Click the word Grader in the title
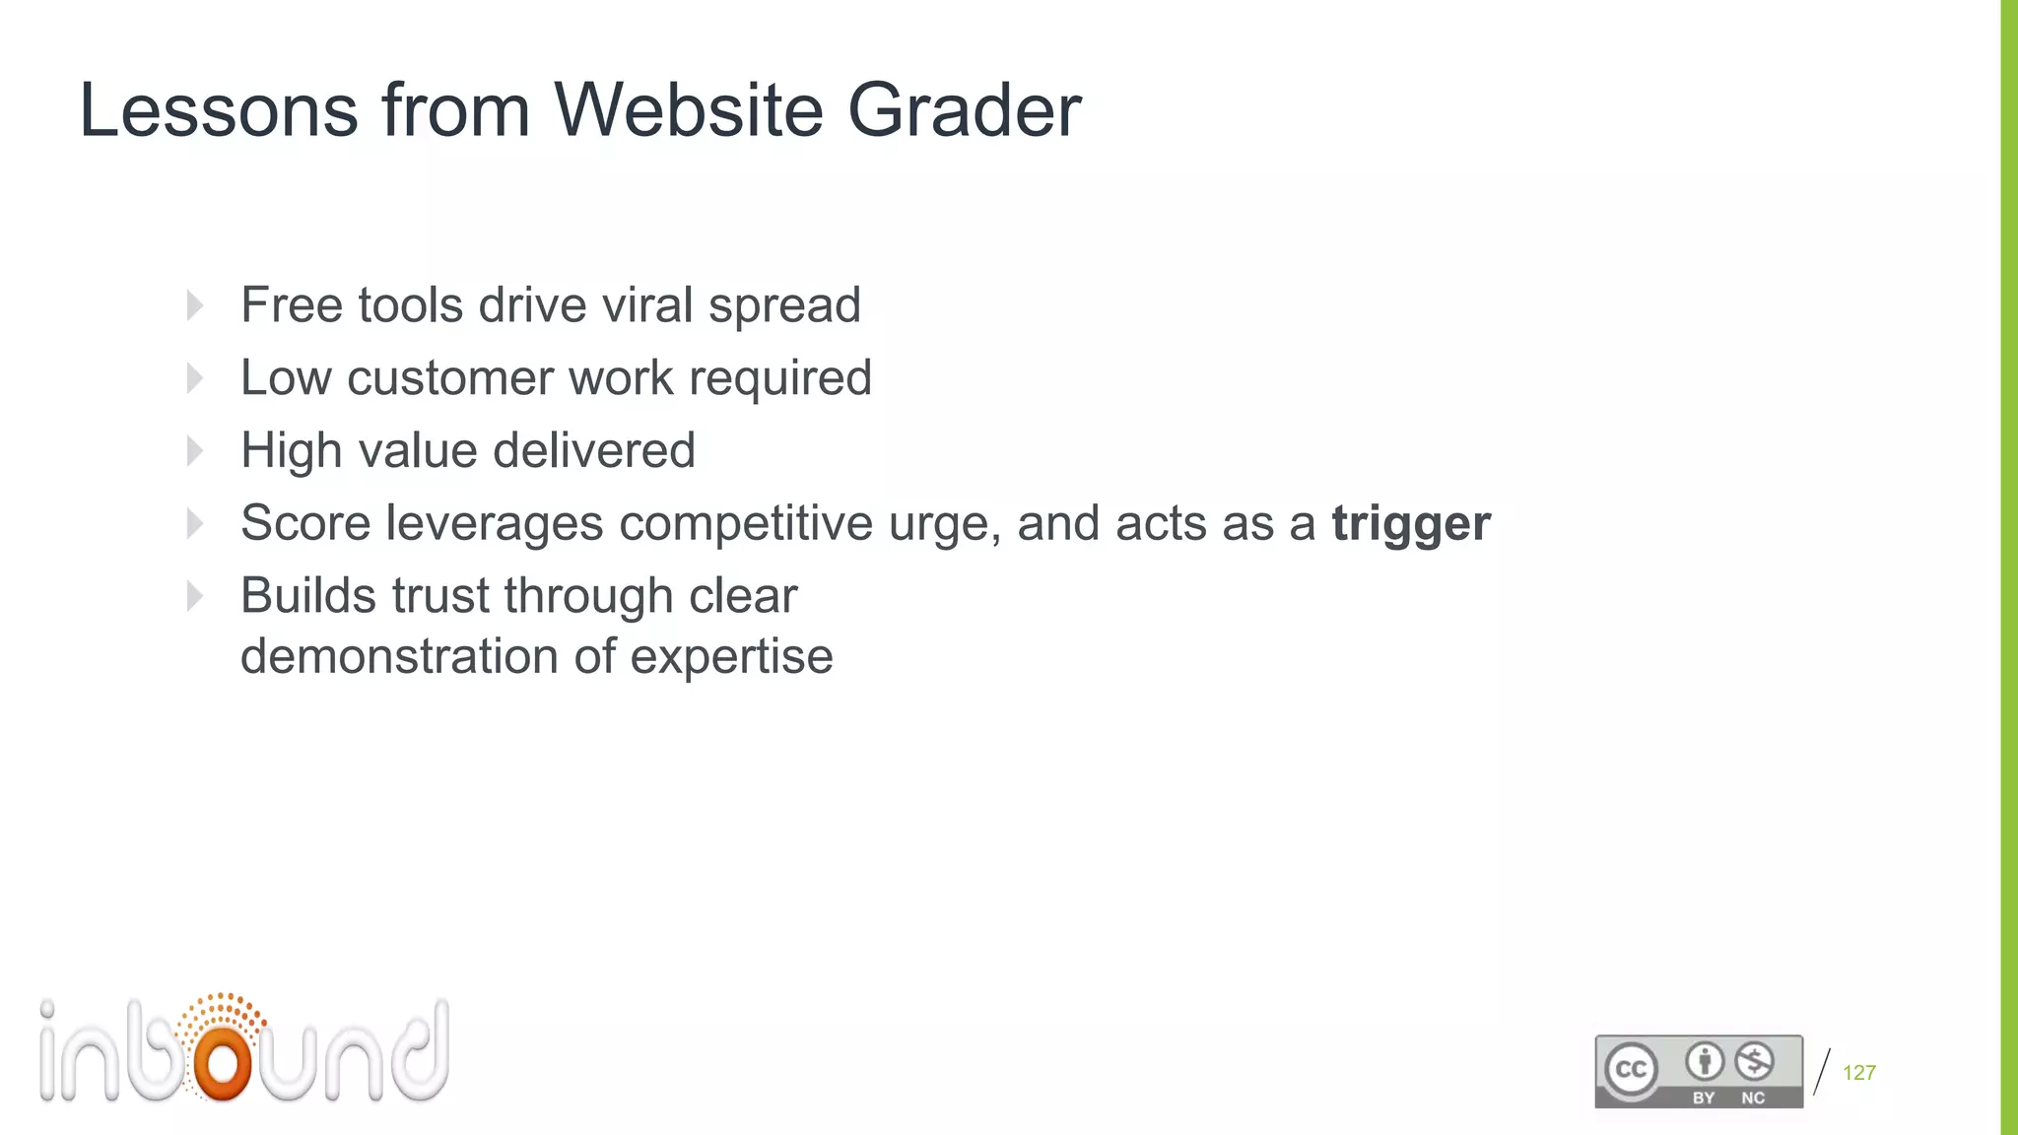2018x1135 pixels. tap(964, 110)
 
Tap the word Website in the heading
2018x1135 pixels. tap(688, 110)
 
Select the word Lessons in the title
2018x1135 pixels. tap(219, 110)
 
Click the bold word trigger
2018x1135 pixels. tap(1411, 524)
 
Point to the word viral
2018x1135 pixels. tap(648, 304)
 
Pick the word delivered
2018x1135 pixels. tap(594, 450)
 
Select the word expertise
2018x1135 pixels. tap(731, 656)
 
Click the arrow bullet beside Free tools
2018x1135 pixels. tap(195, 305)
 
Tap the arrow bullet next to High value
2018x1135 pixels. tap(195, 451)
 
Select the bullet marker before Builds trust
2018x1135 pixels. tap(195, 596)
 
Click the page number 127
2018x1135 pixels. tap(1859, 1073)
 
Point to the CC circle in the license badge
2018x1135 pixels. tap(1631, 1070)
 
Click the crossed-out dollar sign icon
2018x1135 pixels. tap(1754, 1061)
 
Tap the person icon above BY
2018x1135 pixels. tap(1704, 1061)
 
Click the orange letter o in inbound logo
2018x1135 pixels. tap(223, 1062)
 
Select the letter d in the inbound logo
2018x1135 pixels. tap(420, 1052)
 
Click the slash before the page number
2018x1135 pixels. tap(1822, 1072)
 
